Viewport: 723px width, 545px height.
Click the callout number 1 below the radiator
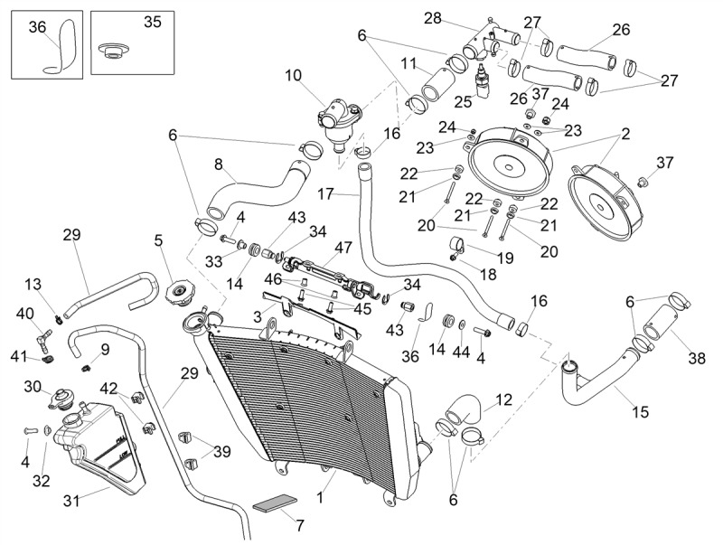click(320, 497)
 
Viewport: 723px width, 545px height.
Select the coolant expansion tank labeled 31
click(99, 444)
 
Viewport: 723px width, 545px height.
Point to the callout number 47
click(343, 247)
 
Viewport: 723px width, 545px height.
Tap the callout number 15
click(641, 411)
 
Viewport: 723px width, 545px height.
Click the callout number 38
click(697, 358)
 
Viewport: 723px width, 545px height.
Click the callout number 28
click(433, 18)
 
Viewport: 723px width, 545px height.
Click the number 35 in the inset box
click(153, 22)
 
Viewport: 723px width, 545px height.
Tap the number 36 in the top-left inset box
click(37, 27)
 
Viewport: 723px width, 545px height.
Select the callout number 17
click(325, 193)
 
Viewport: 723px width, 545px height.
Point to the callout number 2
click(625, 134)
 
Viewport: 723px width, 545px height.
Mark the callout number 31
click(71, 501)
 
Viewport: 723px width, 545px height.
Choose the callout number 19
click(505, 258)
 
